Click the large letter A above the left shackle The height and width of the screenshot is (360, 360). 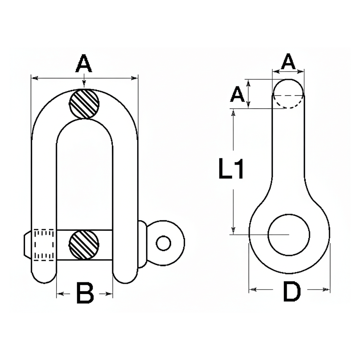click(x=84, y=63)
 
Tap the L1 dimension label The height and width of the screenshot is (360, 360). click(x=231, y=169)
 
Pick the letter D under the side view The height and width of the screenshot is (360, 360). click(x=292, y=291)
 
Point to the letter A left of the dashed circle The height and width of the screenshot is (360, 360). click(x=237, y=94)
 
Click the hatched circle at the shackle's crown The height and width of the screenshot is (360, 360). click(x=84, y=104)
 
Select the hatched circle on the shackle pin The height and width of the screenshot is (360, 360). click(x=84, y=245)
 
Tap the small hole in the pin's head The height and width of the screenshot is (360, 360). click(x=163, y=243)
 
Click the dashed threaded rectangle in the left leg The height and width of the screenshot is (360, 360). click(x=44, y=245)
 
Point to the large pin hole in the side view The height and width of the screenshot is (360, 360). click(x=289, y=235)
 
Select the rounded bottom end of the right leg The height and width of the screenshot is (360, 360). click(x=125, y=276)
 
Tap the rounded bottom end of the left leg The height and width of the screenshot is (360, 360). click(x=44, y=276)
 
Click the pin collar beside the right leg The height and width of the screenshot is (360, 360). click(x=142, y=244)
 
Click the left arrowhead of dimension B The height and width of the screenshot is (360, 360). click(x=60, y=294)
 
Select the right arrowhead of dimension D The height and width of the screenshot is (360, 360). click(x=326, y=290)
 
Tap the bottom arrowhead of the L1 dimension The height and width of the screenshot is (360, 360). click(x=233, y=230)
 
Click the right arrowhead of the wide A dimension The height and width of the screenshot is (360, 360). click(x=134, y=78)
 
